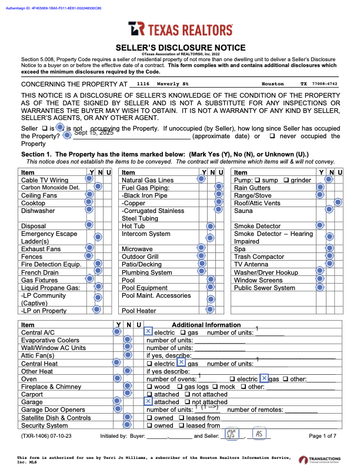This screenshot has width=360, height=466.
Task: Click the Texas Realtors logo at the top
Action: (x=180, y=29)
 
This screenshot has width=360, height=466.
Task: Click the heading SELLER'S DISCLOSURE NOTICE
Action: (x=180, y=46)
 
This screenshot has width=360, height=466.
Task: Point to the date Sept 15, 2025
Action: (x=94, y=133)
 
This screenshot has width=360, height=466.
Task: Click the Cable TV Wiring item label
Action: (x=45, y=180)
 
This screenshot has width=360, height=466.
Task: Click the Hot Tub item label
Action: (x=133, y=226)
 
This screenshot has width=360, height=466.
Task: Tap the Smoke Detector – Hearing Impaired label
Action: (x=274, y=238)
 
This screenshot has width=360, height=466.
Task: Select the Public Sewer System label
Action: (x=265, y=288)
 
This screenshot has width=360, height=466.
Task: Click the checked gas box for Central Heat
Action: (x=182, y=364)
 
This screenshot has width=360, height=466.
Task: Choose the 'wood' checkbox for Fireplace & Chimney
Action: (x=149, y=387)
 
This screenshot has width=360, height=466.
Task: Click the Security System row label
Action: (x=45, y=425)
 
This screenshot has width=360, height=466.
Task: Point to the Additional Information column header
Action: (x=206, y=325)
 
